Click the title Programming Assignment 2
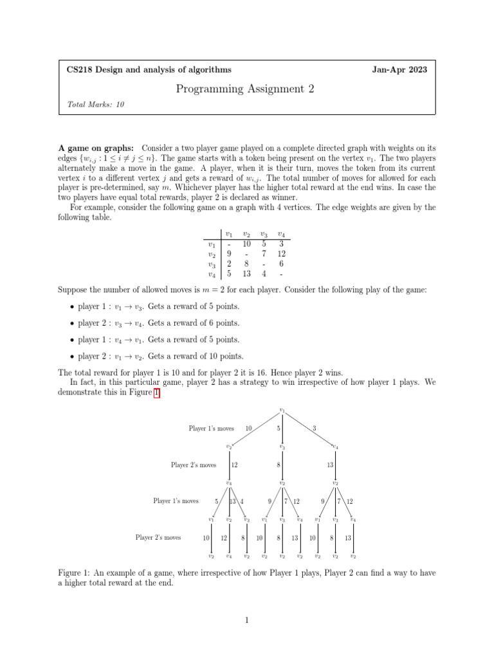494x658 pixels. click(245, 89)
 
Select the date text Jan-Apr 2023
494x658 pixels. click(399, 69)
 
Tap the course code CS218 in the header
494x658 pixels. click(81, 69)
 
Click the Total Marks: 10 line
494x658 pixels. click(95, 104)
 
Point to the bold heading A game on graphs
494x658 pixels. click(96, 148)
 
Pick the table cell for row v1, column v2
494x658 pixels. click(246, 244)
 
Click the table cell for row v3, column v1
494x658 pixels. click(229, 263)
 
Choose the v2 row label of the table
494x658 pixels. click(210, 254)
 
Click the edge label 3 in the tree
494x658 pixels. click(314, 429)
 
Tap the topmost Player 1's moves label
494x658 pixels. click(211, 428)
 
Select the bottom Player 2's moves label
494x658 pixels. click(158, 537)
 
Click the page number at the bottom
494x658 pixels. click(246, 620)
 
